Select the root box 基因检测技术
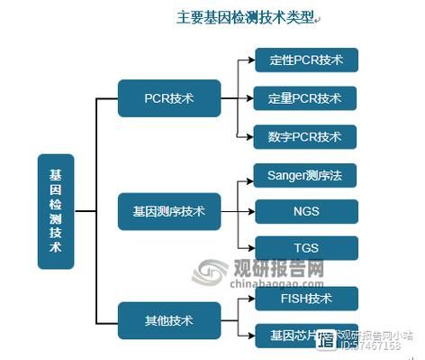click(56, 211)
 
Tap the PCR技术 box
click(169, 97)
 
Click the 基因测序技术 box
click(169, 211)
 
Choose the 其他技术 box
click(169, 320)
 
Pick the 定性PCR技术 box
click(305, 60)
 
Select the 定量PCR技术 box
click(305, 97)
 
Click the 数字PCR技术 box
click(305, 137)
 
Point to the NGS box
click(305, 211)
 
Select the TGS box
click(305, 248)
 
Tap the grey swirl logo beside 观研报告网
click(210, 272)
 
